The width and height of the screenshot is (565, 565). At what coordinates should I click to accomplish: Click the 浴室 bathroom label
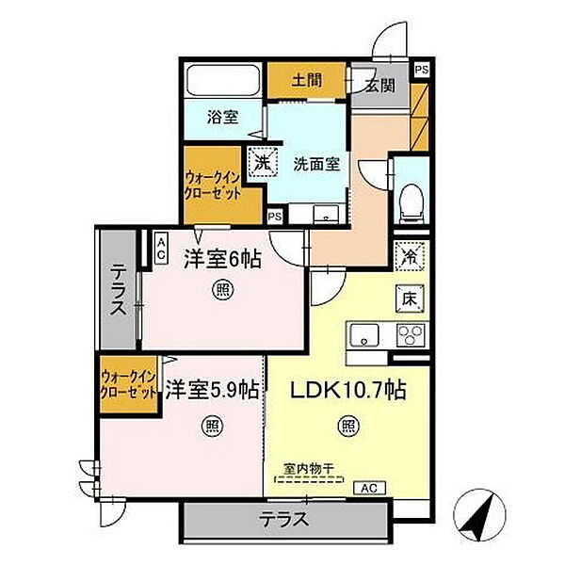pos(222,119)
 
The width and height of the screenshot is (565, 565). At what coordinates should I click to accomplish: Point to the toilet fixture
pos(410,197)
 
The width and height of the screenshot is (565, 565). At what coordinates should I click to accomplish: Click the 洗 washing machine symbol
pos(262,162)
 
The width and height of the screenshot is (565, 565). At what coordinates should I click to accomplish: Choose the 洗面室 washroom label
pos(315,162)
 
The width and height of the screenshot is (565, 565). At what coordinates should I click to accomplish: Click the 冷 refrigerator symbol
pos(411,254)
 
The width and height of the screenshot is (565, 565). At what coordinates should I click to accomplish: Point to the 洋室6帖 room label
pos(223,256)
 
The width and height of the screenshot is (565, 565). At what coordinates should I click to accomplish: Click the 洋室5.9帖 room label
pos(212,388)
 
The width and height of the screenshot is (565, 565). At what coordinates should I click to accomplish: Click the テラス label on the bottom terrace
pos(281,519)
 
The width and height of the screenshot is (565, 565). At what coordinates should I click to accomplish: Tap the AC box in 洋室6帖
pos(160,248)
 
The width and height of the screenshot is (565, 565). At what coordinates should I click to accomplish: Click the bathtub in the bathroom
pos(221,81)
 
